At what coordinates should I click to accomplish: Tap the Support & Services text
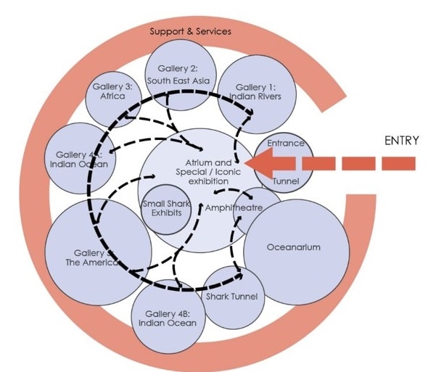click(x=191, y=32)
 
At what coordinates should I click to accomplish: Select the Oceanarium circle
click(x=293, y=250)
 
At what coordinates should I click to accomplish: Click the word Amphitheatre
click(x=233, y=208)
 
